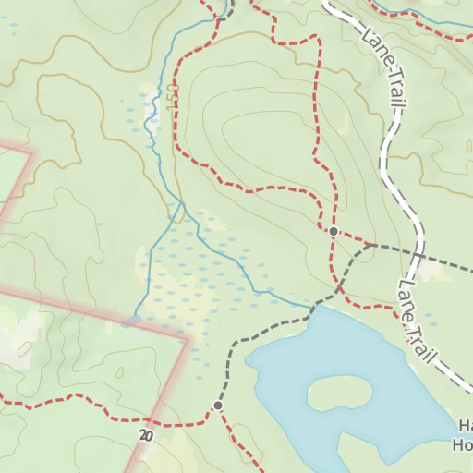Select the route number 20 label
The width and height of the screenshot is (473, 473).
(x=146, y=434)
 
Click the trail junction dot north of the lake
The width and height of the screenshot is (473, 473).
(x=333, y=230)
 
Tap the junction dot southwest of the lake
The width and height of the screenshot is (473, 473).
(x=218, y=406)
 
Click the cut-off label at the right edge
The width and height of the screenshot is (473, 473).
(x=464, y=434)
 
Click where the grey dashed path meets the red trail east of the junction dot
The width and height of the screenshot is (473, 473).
(x=371, y=245)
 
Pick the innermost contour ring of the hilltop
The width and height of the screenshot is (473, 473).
(x=259, y=134)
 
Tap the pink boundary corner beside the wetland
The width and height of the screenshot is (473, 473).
(x=188, y=339)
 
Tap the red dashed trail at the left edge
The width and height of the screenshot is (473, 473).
(x=5, y=403)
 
